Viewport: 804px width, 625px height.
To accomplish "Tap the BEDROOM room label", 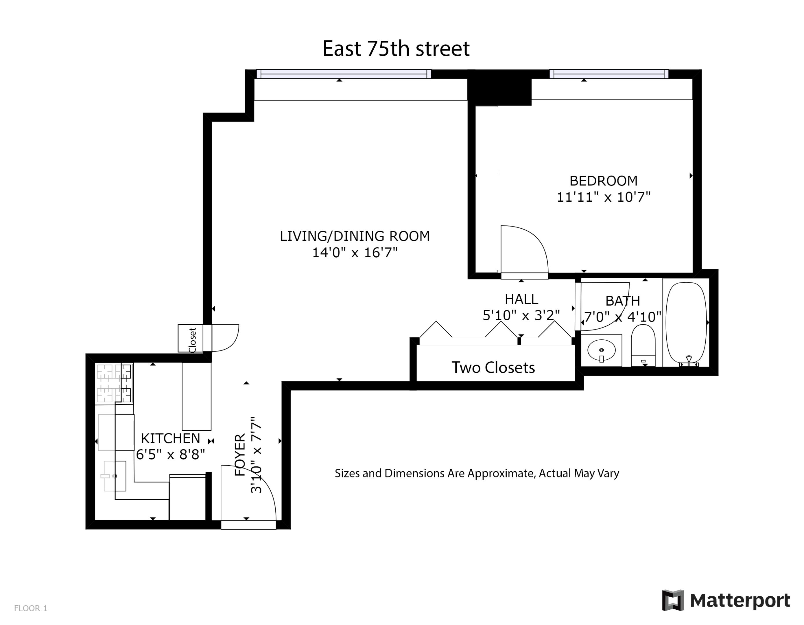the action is click(x=603, y=181).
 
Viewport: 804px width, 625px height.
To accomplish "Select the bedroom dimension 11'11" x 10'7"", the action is click(x=603, y=197).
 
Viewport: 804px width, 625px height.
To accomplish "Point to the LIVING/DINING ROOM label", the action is click(x=355, y=236).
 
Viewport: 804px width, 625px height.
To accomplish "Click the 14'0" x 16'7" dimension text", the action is click(x=355, y=253).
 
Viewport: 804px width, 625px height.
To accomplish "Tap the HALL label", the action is click(x=521, y=299).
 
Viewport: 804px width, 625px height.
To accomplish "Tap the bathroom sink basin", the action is click(x=602, y=350).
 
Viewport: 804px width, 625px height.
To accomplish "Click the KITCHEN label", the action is click(x=170, y=438).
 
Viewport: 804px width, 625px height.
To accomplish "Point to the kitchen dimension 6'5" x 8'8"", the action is click(x=170, y=455).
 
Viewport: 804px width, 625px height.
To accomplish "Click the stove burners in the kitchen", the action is click(x=114, y=383).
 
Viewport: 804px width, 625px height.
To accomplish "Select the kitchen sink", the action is click(x=115, y=476).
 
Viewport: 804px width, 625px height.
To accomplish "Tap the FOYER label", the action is click(x=240, y=455).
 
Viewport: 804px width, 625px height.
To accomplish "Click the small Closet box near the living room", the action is click(x=190, y=338).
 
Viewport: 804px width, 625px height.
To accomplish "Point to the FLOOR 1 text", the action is click(x=31, y=609).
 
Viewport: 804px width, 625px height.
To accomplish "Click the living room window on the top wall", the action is click(x=344, y=74).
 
